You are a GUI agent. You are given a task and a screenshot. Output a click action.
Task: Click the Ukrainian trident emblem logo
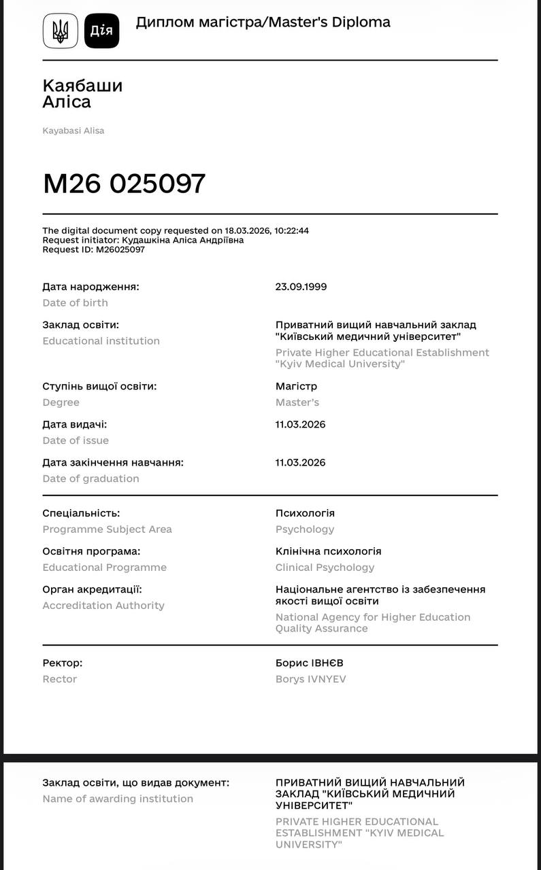click(x=61, y=31)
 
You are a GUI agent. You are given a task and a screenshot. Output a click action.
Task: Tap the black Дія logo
click(x=101, y=31)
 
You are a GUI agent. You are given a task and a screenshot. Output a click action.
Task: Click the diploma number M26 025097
click(x=124, y=184)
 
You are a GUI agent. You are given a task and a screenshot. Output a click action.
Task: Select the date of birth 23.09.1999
click(x=301, y=287)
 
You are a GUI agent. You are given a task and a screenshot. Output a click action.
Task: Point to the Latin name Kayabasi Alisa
click(x=73, y=130)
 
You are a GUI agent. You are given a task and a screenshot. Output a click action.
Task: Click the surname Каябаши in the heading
click(x=82, y=86)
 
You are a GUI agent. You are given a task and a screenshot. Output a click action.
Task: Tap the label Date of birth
click(x=75, y=303)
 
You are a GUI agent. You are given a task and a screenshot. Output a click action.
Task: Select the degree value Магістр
click(x=296, y=386)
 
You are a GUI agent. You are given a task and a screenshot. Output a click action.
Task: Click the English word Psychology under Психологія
click(x=305, y=529)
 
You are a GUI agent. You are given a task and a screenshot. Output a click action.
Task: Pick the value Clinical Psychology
click(x=325, y=568)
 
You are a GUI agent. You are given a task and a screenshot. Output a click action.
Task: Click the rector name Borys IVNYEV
click(x=310, y=679)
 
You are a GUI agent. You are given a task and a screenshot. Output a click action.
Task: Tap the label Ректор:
click(x=62, y=663)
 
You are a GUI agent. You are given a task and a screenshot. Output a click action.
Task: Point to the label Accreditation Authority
click(x=103, y=606)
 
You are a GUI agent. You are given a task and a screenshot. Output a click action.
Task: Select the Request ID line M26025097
click(x=93, y=249)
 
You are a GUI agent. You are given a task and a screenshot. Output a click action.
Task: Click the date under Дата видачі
click(x=300, y=425)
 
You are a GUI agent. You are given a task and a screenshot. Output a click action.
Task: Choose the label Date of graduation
click(x=91, y=478)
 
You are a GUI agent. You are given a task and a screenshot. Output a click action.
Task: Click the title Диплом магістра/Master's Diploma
click(x=263, y=22)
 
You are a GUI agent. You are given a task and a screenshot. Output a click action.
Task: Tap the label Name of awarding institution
click(x=118, y=799)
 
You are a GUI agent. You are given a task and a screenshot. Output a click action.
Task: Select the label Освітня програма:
click(x=91, y=551)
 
